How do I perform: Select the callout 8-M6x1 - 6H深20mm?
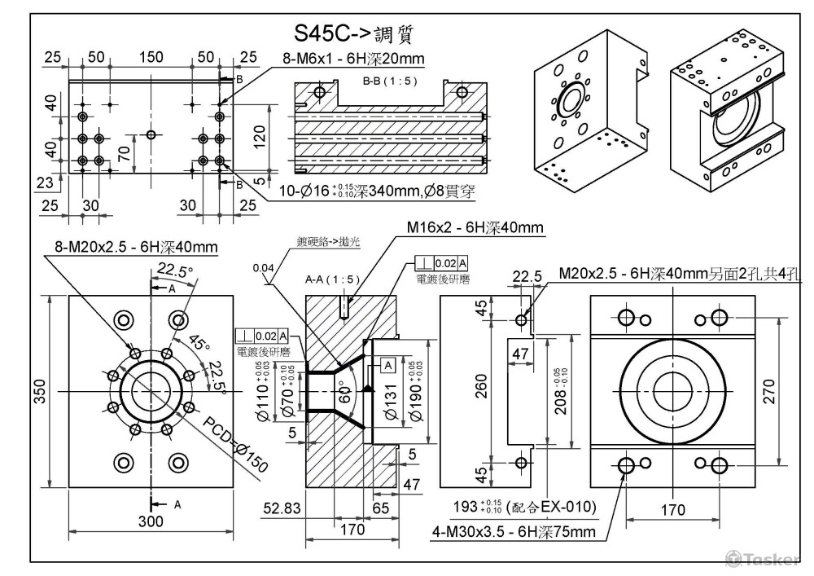pos(353,59)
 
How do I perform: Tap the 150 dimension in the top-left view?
pos(150,57)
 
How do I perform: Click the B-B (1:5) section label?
pos(386,82)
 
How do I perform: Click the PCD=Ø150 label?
pos(235,443)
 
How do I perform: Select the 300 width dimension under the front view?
pos(150,521)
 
